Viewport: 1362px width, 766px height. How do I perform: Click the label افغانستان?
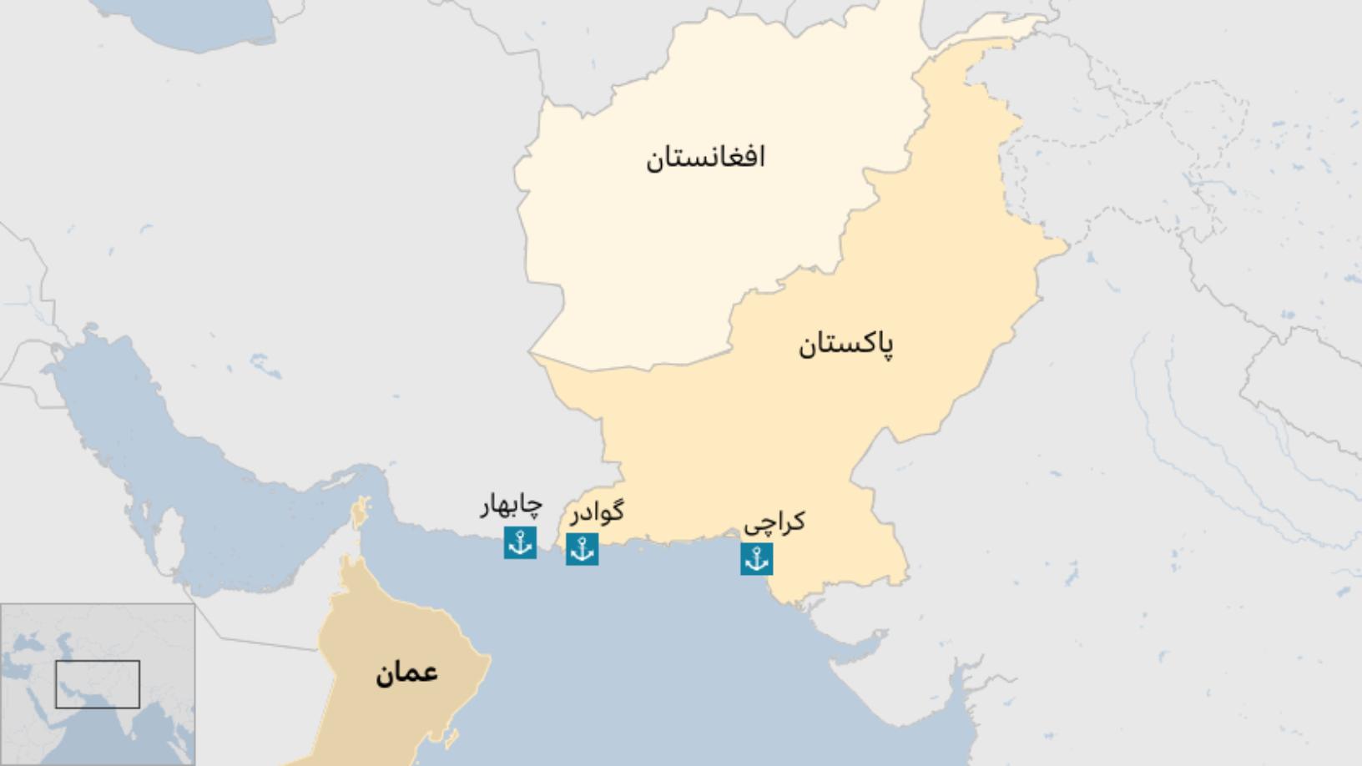tap(705, 157)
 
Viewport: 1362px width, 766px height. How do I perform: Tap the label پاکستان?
tap(845, 344)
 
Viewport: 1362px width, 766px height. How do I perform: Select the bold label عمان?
tap(406, 673)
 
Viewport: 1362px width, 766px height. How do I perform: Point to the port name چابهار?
tap(511, 506)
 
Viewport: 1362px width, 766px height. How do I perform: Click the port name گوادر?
tap(597, 512)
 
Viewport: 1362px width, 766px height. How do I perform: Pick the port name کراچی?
tap(774, 523)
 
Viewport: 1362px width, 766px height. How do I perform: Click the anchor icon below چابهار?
tap(520, 542)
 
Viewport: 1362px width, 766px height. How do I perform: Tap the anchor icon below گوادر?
tap(582, 549)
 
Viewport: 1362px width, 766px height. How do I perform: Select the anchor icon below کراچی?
tap(756, 559)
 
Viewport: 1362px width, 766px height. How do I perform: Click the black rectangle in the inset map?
tap(98, 684)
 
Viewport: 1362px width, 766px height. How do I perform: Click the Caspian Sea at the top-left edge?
tap(200, 25)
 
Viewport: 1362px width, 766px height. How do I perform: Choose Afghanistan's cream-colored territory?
tap(668, 250)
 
